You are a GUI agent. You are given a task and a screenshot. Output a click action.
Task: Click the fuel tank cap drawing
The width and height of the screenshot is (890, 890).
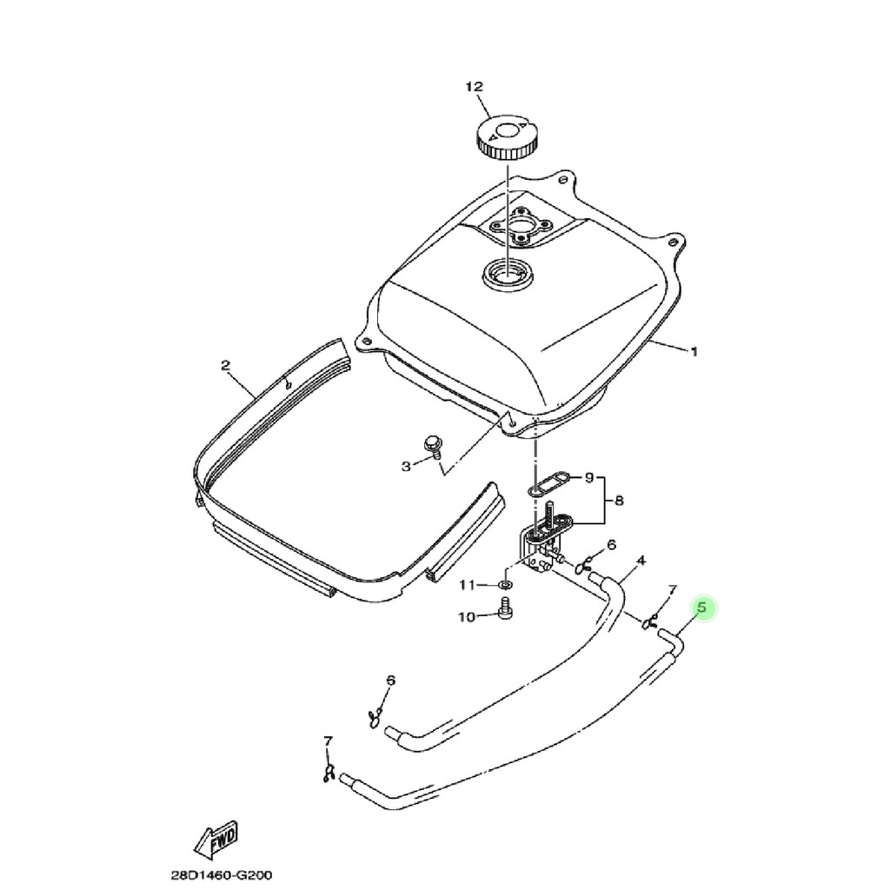[x=505, y=140]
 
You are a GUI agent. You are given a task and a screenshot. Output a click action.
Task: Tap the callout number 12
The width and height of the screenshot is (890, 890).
[x=474, y=87]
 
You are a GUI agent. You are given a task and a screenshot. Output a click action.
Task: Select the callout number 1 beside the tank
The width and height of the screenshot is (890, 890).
[x=694, y=352]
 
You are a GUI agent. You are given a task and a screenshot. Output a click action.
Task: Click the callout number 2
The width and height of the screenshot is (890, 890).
[x=225, y=366]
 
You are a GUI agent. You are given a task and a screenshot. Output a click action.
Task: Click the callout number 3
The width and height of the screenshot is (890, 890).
[x=406, y=467]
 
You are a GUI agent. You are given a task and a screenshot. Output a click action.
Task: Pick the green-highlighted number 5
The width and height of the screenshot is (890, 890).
[x=702, y=608]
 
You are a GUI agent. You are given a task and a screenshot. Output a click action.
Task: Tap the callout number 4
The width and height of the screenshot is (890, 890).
[x=641, y=561]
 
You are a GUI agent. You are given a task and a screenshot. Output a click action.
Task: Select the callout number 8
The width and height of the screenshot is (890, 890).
[x=619, y=501]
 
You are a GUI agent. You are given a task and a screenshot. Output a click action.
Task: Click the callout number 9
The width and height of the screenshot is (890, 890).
[x=589, y=478]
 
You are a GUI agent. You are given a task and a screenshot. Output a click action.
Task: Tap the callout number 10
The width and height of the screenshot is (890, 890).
[x=467, y=616]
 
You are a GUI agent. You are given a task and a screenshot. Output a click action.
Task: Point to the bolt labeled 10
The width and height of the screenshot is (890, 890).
[x=503, y=608]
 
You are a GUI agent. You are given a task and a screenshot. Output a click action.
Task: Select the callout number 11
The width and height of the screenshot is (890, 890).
[x=467, y=585]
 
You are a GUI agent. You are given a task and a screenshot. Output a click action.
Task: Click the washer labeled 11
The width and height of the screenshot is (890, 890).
[x=505, y=584]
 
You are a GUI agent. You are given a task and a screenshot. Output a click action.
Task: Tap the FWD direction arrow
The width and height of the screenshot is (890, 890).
[x=216, y=840]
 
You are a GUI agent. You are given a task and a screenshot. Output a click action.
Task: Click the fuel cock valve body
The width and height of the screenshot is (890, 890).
[x=537, y=549]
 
